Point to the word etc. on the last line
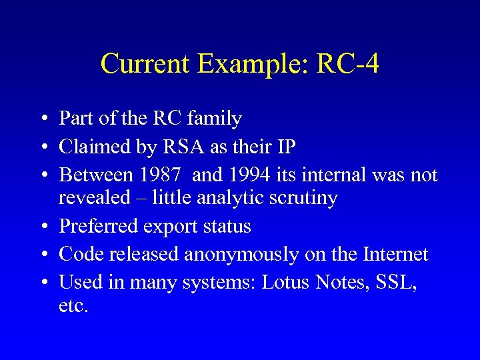pyautogui.click(x=73, y=307)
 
